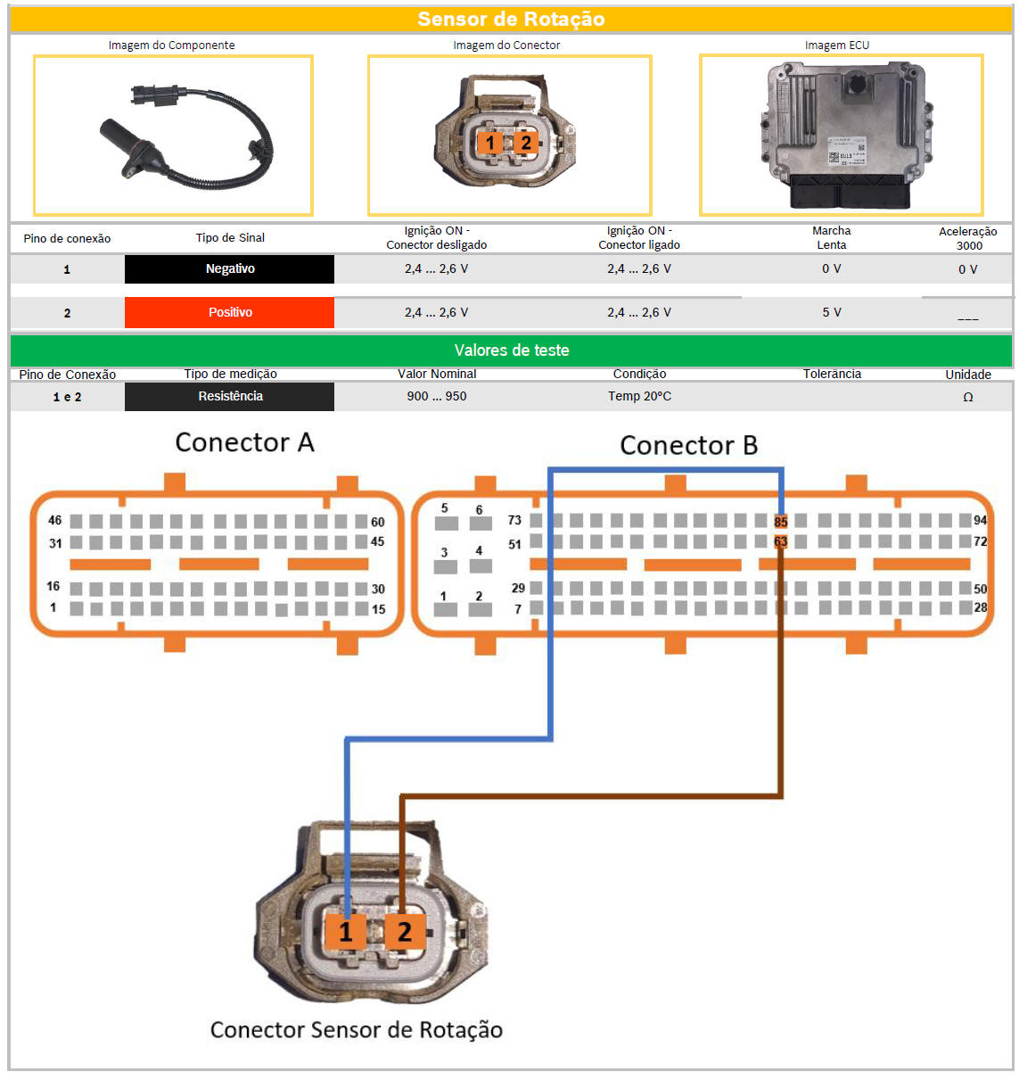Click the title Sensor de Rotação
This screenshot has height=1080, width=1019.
511,19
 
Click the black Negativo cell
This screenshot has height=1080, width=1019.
230,269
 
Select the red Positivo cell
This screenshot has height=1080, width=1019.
230,313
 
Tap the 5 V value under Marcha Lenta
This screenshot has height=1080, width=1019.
831,313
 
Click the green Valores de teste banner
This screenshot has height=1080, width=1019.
511,350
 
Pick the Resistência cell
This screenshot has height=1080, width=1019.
230,397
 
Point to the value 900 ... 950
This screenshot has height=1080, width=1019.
437,397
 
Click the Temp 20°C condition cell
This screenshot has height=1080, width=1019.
639,397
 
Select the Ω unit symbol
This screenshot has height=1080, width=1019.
968,398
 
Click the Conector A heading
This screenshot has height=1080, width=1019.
244,442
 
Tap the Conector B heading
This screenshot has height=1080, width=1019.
688,445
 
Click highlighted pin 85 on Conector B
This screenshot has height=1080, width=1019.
781,522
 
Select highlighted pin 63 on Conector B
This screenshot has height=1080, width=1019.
781,541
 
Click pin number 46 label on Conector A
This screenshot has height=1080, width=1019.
55,520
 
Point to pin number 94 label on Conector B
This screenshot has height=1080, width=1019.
980,520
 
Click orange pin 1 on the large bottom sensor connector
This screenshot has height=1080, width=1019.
346,932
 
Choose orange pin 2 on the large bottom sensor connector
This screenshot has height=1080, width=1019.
404,932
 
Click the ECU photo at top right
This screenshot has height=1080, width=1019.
841,135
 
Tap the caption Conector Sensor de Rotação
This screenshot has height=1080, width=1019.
357,1030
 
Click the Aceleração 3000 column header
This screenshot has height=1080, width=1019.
968,238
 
